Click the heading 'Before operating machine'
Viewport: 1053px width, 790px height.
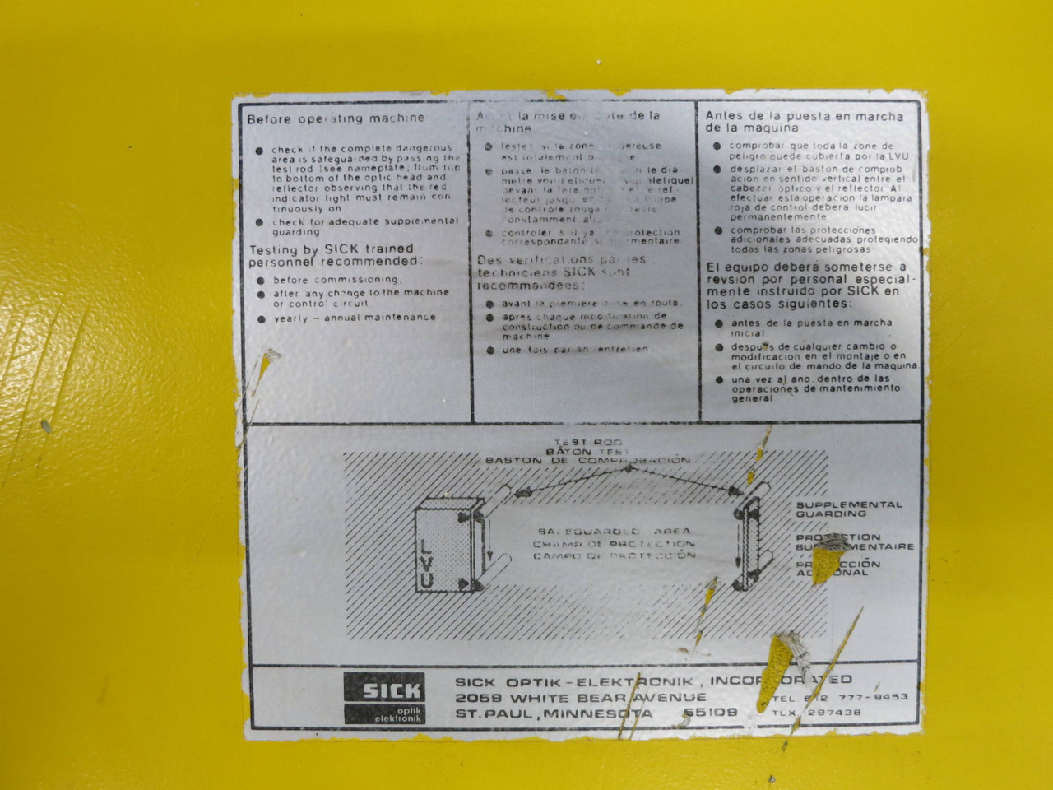[x=336, y=118]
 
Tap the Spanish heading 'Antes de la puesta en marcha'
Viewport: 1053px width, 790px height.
[x=804, y=116]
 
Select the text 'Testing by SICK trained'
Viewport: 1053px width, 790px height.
[x=331, y=249]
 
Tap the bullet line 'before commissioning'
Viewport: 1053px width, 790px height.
[x=337, y=279]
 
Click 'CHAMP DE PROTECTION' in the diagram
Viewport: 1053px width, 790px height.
[x=613, y=544]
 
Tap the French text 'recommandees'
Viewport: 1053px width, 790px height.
[x=530, y=285]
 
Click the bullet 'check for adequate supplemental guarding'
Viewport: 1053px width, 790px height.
[x=366, y=226]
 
